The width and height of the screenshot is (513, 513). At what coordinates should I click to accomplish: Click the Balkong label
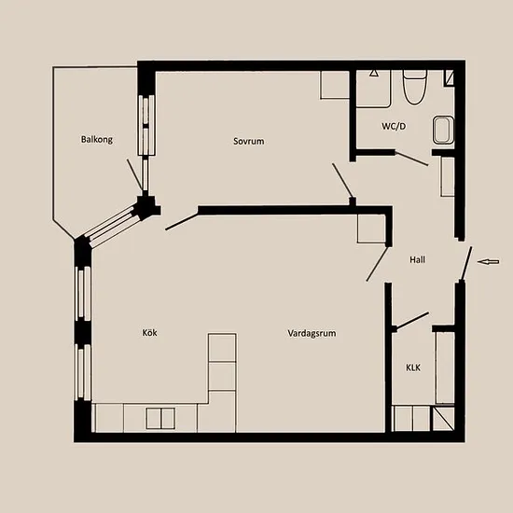click(x=96, y=140)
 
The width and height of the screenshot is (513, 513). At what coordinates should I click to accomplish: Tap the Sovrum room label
click(x=249, y=142)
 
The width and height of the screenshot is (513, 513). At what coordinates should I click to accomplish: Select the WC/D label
click(x=394, y=126)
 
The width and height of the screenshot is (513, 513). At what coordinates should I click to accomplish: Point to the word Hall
click(x=418, y=260)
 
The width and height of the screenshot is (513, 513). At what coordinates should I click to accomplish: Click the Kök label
click(x=149, y=333)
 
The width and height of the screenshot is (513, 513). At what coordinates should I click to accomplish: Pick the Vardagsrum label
click(x=312, y=333)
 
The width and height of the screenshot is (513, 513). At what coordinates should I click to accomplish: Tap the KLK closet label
click(x=413, y=367)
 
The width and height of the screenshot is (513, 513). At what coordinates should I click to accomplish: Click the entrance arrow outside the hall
click(x=488, y=261)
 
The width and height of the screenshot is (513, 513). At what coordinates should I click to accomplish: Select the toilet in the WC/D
click(x=414, y=87)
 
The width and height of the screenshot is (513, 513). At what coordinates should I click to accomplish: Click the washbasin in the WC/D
click(x=444, y=130)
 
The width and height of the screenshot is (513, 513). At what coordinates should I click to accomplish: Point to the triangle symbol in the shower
click(x=374, y=73)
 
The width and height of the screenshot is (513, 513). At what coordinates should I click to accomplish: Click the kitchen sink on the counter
click(x=160, y=418)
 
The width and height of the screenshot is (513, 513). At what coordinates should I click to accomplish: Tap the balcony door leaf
click(x=135, y=175)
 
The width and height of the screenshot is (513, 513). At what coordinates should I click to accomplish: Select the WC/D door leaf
click(x=411, y=159)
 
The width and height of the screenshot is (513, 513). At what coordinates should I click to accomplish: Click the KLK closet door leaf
click(x=412, y=320)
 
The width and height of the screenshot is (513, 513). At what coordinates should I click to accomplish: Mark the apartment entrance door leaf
click(x=466, y=264)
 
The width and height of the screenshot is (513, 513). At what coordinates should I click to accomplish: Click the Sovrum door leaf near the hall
click(x=342, y=181)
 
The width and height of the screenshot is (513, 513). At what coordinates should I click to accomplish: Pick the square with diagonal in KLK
click(x=443, y=419)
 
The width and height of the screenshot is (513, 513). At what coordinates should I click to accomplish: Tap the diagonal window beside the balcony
click(x=112, y=224)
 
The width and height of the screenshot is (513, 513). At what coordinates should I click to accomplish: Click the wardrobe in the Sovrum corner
click(x=335, y=85)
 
